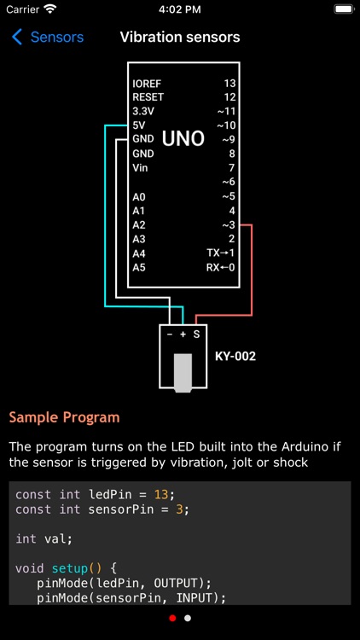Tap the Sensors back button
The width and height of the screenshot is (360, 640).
click(48, 38)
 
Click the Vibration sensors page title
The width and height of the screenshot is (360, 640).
click(180, 38)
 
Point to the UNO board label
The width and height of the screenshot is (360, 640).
click(183, 138)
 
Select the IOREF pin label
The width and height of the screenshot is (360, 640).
click(147, 84)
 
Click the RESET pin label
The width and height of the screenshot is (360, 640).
click(148, 97)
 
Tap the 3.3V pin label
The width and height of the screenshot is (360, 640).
click(143, 111)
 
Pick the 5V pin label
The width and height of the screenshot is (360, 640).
click(140, 125)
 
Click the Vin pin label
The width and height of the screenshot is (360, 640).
click(141, 168)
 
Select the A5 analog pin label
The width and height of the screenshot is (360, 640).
click(139, 267)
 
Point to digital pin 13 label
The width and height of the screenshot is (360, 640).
click(229, 84)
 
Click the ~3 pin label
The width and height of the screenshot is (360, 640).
click(228, 225)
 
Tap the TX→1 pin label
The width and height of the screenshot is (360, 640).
click(221, 253)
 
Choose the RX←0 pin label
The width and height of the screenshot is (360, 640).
click(221, 267)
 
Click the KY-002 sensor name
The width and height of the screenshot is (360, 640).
click(235, 356)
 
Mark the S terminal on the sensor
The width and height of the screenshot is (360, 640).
click(196, 335)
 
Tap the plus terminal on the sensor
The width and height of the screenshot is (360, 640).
click(183, 335)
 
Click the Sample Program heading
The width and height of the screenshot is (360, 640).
click(64, 417)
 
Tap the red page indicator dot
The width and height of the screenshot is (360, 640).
click(172, 618)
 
